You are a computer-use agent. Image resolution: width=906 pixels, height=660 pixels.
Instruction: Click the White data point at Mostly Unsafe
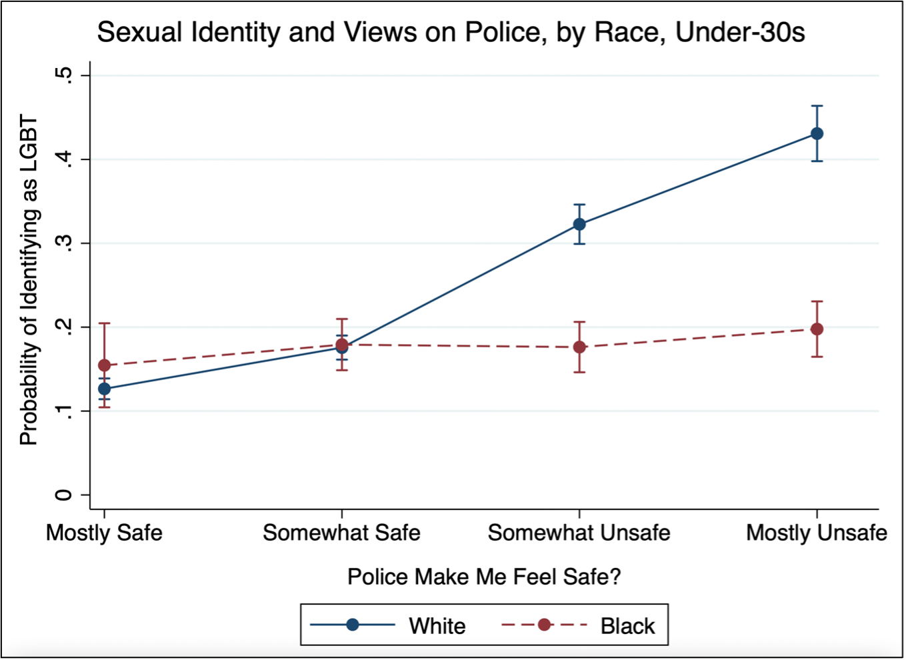click(x=817, y=133)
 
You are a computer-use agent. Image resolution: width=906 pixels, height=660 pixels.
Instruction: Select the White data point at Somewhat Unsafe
click(x=579, y=224)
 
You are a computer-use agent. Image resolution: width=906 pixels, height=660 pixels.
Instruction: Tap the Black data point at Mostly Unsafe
click(x=817, y=329)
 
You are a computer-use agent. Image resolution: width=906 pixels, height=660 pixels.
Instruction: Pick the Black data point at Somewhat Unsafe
click(x=579, y=347)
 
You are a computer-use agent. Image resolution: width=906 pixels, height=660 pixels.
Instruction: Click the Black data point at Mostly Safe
click(x=104, y=365)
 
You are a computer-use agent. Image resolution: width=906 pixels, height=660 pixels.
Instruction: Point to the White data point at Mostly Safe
click(x=104, y=389)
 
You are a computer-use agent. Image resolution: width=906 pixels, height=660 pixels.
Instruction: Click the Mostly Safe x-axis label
click(x=104, y=533)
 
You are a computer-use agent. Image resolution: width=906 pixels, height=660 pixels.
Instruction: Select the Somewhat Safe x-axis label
click(x=341, y=533)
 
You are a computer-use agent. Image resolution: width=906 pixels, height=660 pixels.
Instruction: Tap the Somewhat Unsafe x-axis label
click(x=579, y=533)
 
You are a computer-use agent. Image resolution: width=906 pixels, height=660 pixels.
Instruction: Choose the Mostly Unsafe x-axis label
click(x=816, y=533)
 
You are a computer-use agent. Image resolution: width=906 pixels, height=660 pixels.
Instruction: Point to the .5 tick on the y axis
click(x=64, y=75)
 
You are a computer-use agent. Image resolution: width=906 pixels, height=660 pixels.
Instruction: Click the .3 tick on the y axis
click(x=64, y=243)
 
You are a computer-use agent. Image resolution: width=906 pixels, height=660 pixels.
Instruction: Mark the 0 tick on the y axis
click(x=64, y=495)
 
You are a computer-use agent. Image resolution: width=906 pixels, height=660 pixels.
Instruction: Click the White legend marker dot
click(x=353, y=625)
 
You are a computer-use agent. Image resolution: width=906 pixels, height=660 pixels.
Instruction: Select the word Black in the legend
click(x=627, y=626)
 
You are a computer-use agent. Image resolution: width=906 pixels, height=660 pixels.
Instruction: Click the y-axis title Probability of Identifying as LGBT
click(x=29, y=280)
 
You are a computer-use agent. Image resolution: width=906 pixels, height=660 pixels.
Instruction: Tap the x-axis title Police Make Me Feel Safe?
click(x=484, y=577)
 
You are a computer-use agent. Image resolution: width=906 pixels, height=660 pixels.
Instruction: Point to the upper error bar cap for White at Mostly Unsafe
click(x=817, y=106)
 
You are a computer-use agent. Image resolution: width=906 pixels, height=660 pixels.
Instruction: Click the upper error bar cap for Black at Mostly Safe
click(x=104, y=323)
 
